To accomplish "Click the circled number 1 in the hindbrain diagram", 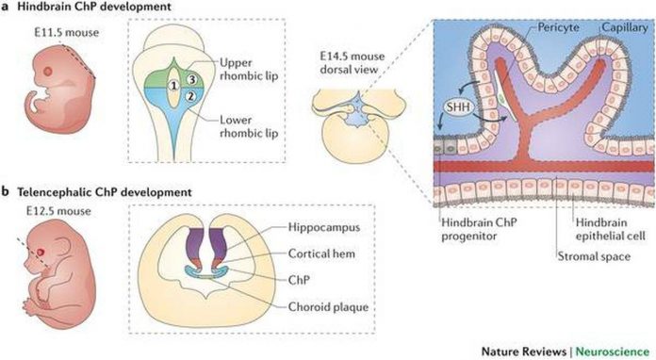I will [172, 85].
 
